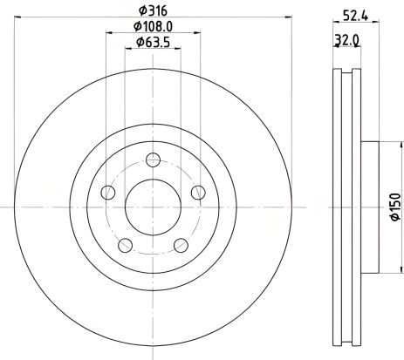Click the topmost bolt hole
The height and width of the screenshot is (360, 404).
tap(153, 160)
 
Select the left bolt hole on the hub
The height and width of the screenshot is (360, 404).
tap(107, 192)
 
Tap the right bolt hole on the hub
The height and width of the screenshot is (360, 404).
tap(198, 192)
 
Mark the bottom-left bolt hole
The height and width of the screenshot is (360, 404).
tap(125, 245)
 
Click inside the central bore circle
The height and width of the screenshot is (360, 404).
tap(153, 207)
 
